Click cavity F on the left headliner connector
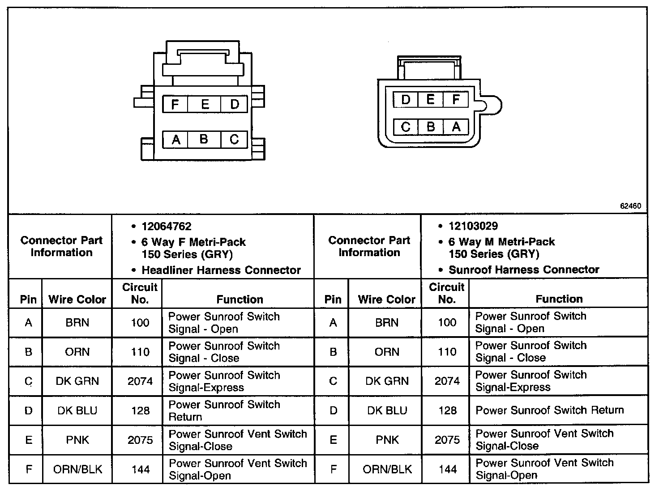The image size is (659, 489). click(175, 104)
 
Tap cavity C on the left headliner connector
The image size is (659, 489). click(234, 139)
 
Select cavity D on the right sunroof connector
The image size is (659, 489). click(406, 99)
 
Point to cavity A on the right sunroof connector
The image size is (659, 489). click(456, 127)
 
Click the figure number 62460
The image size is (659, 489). click(630, 206)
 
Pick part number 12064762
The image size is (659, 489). click(167, 226)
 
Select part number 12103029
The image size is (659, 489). click(473, 226)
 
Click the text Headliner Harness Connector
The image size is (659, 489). click(221, 270)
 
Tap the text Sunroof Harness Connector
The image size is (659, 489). click(524, 270)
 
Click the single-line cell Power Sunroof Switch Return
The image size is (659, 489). click(549, 410)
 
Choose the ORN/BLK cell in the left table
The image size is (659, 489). click(77, 469)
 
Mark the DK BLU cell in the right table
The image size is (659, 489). click(387, 410)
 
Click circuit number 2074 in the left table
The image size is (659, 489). click(140, 381)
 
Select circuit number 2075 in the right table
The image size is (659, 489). click(447, 440)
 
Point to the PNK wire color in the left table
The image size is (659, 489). click(77, 440)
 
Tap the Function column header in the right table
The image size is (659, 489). click(559, 299)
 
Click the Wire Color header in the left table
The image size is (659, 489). click(77, 299)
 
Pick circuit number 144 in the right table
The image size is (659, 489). click(447, 469)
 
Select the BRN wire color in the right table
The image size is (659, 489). click(387, 323)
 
